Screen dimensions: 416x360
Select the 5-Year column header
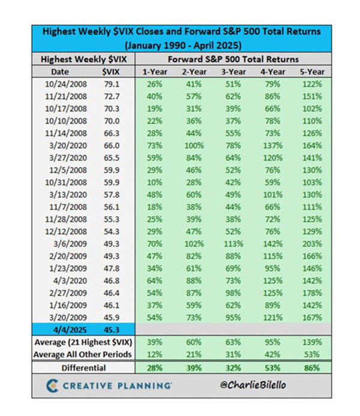311,72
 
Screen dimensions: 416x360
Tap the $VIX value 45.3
111,330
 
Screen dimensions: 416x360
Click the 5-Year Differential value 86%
311,367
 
